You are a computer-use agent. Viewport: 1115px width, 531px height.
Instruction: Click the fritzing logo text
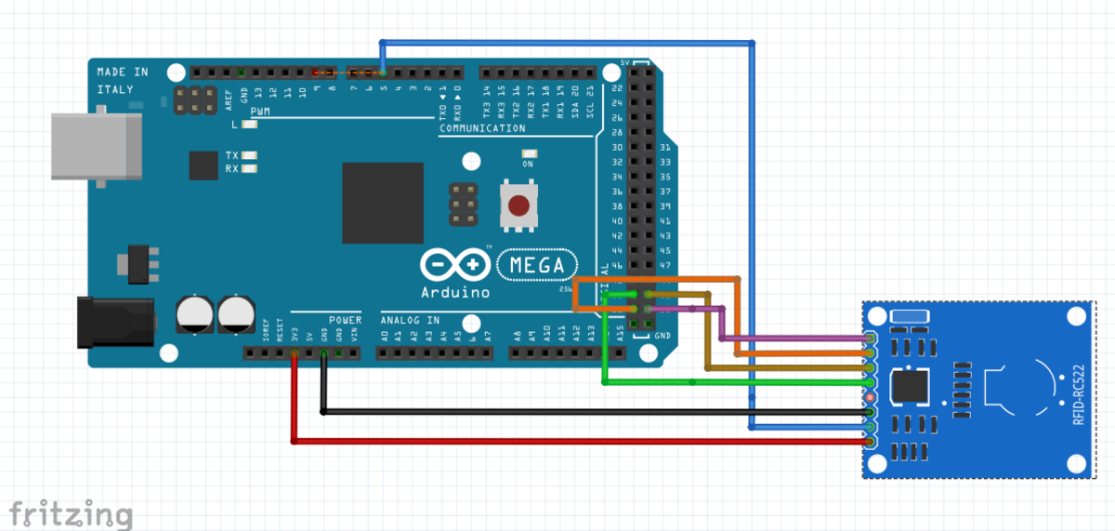pyautogui.click(x=70, y=512)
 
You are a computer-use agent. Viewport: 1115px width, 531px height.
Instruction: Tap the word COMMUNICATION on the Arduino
pyautogui.click(x=482, y=128)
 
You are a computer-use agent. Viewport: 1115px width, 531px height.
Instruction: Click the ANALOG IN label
pyautogui.click(x=410, y=320)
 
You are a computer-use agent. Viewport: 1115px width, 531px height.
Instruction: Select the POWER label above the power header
pyautogui.click(x=345, y=320)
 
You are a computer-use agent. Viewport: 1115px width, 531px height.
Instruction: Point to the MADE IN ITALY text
pyautogui.click(x=122, y=80)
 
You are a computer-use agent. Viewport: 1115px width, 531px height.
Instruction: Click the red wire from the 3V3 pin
pyautogui.click(x=557, y=441)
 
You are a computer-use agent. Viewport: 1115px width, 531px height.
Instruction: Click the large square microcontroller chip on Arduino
pyautogui.click(x=383, y=204)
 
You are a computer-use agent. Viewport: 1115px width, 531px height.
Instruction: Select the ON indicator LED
pyautogui.click(x=530, y=153)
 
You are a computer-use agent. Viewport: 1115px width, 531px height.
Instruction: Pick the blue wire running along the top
pyautogui.click(x=567, y=43)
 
